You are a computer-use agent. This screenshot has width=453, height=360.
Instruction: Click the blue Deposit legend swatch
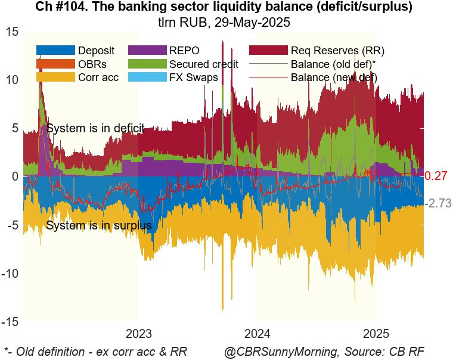coord(55,50)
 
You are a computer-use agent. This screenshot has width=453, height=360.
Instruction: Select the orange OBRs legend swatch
coord(55,64)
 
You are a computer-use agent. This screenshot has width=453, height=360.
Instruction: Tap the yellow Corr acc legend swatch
coord(55,77)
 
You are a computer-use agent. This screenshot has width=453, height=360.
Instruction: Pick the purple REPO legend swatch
coord(146,50)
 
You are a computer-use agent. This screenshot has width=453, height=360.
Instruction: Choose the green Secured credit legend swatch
coord(146,64)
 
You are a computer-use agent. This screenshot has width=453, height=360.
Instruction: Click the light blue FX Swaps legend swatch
coord(146,77)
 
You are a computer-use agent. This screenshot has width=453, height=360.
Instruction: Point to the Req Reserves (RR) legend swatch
coord(268,50)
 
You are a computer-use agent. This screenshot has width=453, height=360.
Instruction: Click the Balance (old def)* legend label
coord(333,64)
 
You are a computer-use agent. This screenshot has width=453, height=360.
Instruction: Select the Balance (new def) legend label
coord(334,77)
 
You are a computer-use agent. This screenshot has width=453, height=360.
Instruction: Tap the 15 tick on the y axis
coord(13,32)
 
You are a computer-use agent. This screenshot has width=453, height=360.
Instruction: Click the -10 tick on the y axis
coord(10,274)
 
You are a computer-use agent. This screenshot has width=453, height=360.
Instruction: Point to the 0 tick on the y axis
coord(15,177)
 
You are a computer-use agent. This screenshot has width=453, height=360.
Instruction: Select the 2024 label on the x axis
coord(258,333)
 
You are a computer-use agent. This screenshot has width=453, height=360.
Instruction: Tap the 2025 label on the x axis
coord(376,333)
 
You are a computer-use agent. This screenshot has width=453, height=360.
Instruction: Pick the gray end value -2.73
coord(439,203)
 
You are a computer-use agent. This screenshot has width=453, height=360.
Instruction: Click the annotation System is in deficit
coord(95,128)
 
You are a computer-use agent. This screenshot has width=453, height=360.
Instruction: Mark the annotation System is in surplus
coord(98,226)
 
